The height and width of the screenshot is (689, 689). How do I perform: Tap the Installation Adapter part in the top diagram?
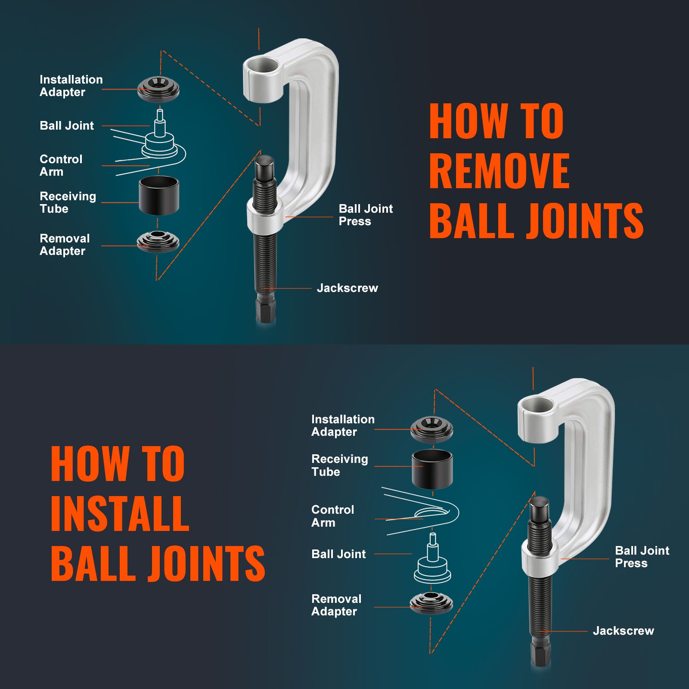pyautogui.click(x=158, y=89)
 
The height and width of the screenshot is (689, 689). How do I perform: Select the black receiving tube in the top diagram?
pyautogui.click(x=159, y=196)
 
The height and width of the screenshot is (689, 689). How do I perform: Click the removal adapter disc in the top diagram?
pyautogui.click(x=158, y=242)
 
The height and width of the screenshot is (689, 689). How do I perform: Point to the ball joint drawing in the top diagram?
pyautogui.click(x=160, y=138)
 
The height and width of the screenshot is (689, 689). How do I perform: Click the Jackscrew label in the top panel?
pyautogui.click(x=347, y=288)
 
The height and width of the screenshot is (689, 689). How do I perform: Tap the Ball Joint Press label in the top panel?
pyautogui.click(x=365, y=215)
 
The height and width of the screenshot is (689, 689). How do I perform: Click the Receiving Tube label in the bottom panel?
pyautogui.click(x=339, y=465)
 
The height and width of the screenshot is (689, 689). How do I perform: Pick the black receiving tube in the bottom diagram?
pyautogui.click(x=432, y=469)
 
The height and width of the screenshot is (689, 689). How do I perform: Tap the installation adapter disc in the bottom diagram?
pyautogui.click(x=431, y=429)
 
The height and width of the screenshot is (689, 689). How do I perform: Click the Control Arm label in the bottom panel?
pyautogui.click(x=332, y=516)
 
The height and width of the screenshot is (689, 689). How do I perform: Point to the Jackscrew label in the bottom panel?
pyautogui.click(x=623, y=631)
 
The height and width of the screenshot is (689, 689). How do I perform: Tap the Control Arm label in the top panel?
pyautogui.click(x=60, y=165)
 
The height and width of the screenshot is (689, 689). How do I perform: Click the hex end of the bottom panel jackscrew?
pyautogui.click(x=540, y=655)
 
